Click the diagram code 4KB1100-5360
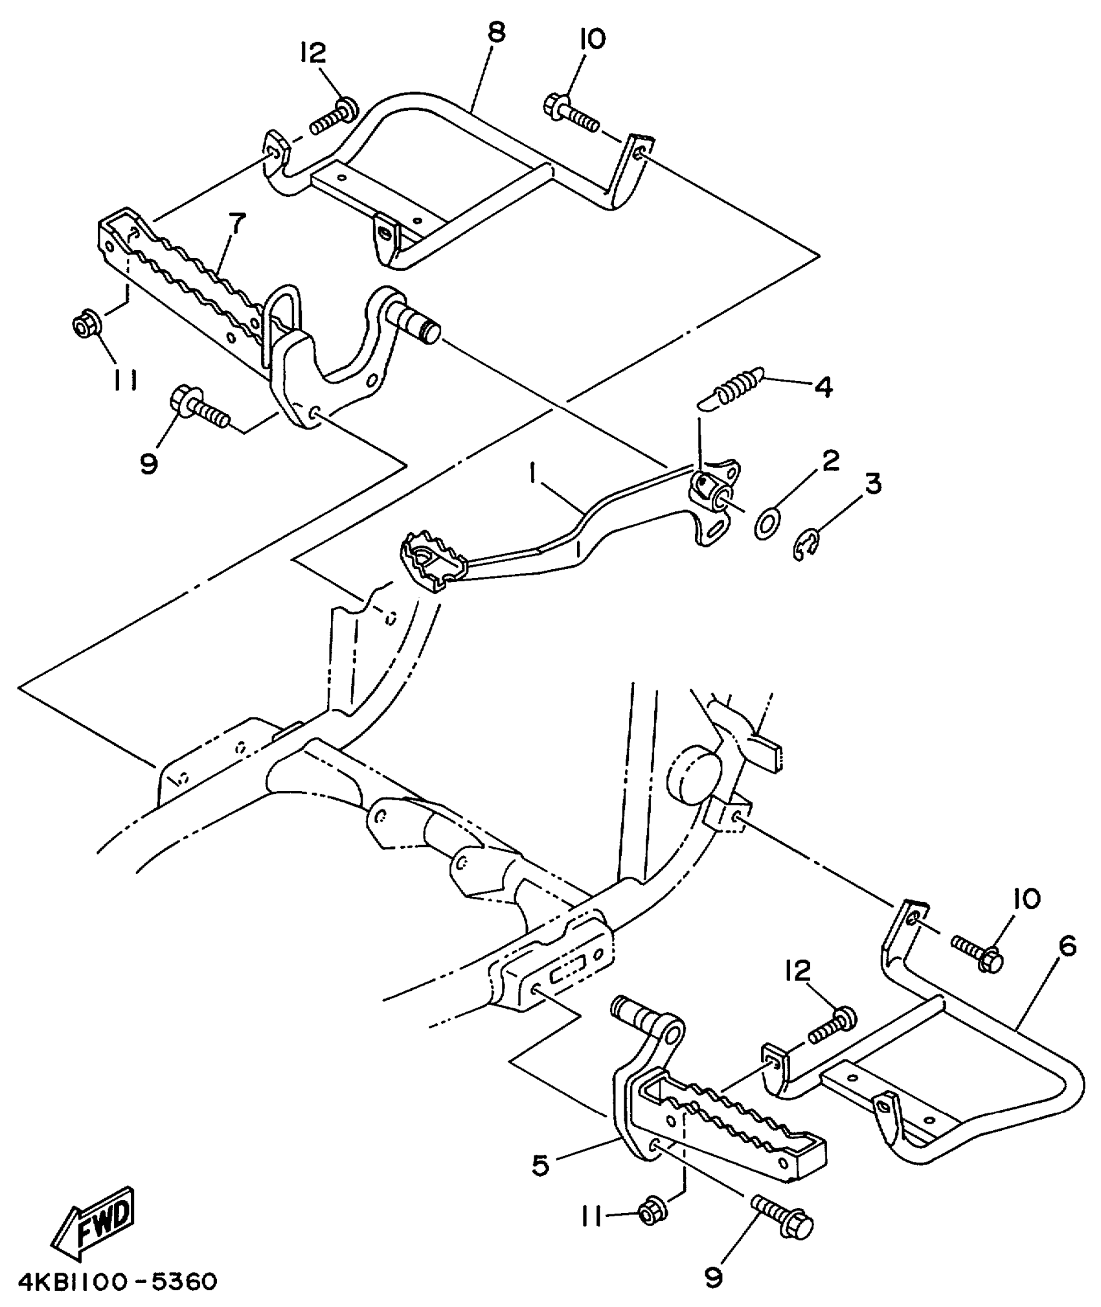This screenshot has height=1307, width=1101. [117, 1281]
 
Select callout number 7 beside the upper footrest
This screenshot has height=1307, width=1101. [236, 224]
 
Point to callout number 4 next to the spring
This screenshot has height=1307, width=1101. [823, 387]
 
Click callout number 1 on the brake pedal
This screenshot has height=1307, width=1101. [532, 477]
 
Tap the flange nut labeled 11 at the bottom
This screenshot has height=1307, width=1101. [650, 1212]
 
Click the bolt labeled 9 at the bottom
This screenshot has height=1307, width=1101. [783, 1217]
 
